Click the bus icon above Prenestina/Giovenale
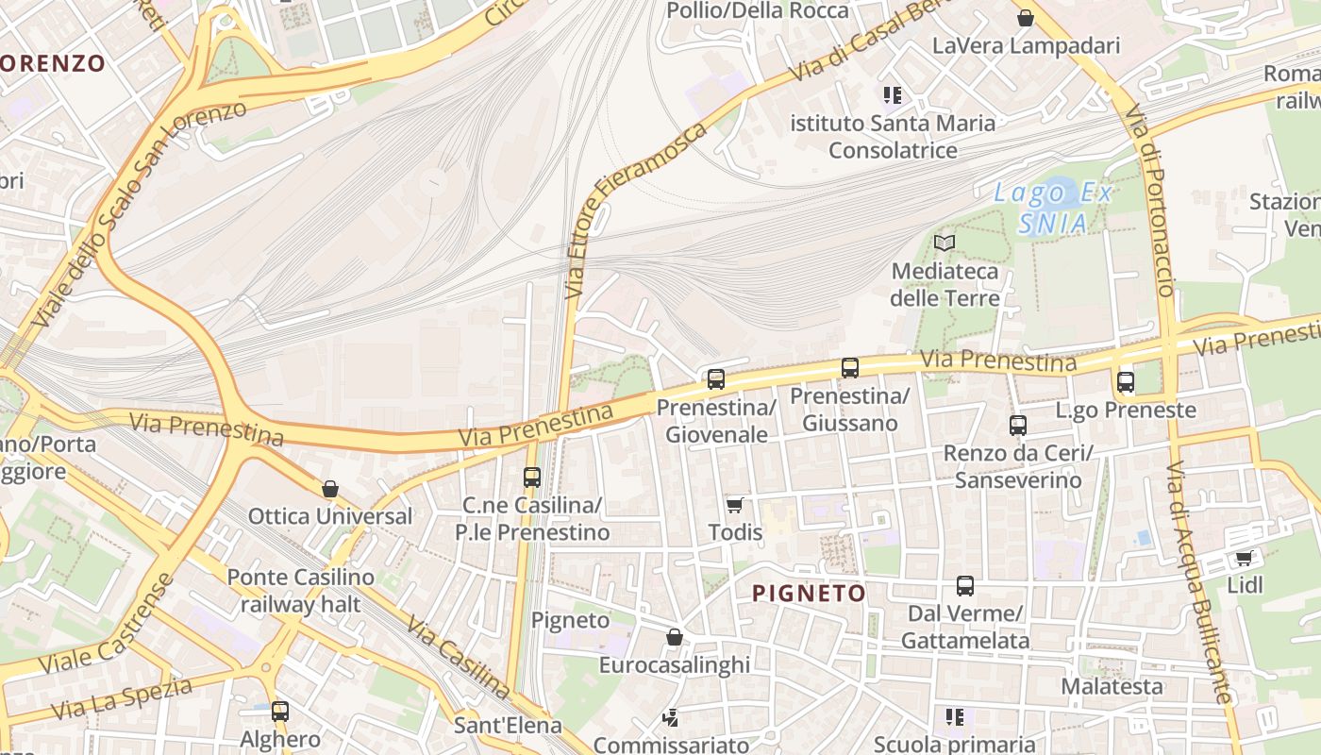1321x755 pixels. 716,379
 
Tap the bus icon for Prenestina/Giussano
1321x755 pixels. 850,368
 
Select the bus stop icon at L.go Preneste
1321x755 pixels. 1126,382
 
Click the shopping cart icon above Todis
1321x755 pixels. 735,505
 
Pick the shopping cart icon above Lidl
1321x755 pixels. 1245,558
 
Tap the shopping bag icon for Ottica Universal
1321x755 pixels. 330,489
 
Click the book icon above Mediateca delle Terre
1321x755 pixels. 945,243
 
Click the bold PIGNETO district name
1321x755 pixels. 809,594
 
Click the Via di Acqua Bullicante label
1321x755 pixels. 1199,583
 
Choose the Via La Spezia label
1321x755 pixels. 122,696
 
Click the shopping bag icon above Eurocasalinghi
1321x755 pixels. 675,637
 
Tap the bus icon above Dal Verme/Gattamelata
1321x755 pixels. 965,586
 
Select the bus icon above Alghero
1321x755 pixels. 280,712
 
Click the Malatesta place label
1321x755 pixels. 1112,686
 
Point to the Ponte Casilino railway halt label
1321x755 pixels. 300,590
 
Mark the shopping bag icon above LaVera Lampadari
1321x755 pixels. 1026,18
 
